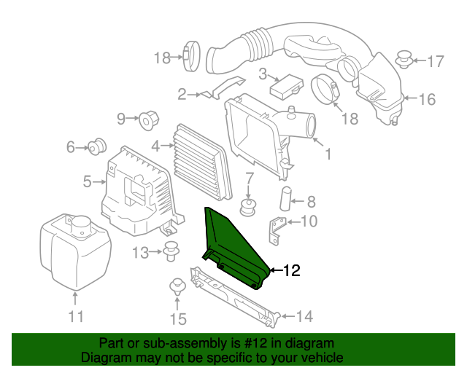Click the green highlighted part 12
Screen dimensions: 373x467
[232, 248]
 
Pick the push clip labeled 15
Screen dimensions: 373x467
[177, 287]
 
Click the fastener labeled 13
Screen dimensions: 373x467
[172, 251]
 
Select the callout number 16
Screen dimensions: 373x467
[427, 99]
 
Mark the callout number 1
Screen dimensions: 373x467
[328, 154]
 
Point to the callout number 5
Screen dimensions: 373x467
[87, 181]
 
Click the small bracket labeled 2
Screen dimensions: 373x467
[212, 91]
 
